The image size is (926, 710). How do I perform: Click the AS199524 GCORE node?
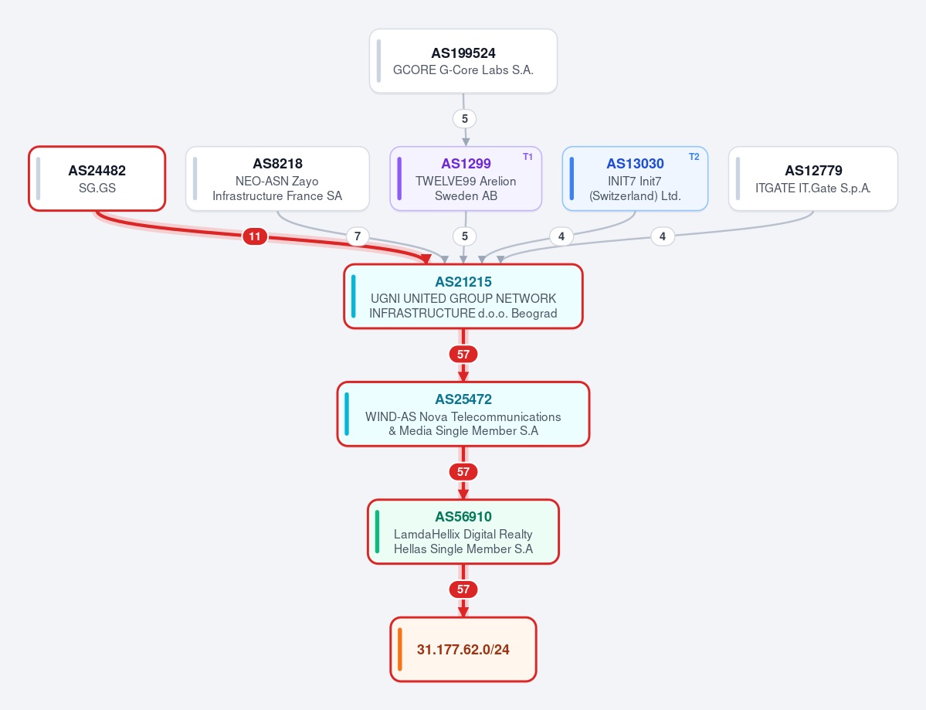click(x=463, y=61)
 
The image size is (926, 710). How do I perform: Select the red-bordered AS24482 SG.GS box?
click(x=97, y=178)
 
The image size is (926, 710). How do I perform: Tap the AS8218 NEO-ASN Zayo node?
click(x=277, y=178)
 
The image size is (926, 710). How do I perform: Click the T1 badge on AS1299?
click(x=527, y=157)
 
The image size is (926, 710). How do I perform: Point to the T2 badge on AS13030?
click(x=694, y=157)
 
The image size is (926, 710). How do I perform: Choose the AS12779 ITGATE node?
click(x=813, y=178)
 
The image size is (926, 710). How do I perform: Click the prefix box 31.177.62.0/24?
click(x=463, y=649)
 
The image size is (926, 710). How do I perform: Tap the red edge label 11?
click(x=255, y=236)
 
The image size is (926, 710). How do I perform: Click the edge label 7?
click(x=358, y=236)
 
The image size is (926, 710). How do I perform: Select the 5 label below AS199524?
click(x=465, y=119)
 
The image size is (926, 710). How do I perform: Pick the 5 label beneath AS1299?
click(x=465, y=236)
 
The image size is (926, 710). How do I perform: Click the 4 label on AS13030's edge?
click(x=561, y=236)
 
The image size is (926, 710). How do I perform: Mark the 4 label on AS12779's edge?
click(x=663, y=236)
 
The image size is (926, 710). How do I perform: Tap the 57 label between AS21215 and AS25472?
click(x=463, y=355)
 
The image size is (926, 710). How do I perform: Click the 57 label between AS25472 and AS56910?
click(x=463, y=472)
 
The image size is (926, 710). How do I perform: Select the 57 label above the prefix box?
click(x=463, y=589)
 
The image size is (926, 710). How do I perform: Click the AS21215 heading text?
click(x=463, y=282)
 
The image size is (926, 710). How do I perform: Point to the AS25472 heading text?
click(x=463, y=399)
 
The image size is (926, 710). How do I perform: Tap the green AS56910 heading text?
click(x=463, y=517)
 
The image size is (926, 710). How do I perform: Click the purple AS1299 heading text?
click(x=466, y=164)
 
